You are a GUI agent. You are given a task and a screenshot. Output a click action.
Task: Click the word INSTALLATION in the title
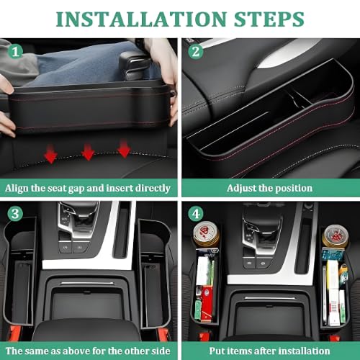pyautogui.click(x=141, y=19)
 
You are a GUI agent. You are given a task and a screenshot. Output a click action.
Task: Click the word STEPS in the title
pyautogui.click(x=269, y=19)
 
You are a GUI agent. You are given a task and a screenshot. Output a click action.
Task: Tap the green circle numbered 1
pyautogui.click(x=15, y=51)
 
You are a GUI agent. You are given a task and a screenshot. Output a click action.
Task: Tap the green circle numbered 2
pyautogui.click(x=196, y=51)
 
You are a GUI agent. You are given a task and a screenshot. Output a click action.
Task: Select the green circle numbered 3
pyautogui.click(x=15, y=214)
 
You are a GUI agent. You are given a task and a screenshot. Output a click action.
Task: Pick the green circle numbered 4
pyautogui.click(x=196, y=214)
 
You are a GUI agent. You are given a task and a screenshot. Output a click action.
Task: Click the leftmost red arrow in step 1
pyautogui.click(x=50, y=154)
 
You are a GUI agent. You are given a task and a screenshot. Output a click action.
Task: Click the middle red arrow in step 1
pyautogui.click(x=88, y=152)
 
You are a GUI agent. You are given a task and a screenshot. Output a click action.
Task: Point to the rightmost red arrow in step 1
pyautogui.click(x=124, y=149)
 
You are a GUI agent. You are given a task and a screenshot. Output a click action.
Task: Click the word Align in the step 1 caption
pyautogui.click(x=17, y=189)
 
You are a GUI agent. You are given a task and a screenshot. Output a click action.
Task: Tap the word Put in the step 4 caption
pyautogui.click(x=217, y=351)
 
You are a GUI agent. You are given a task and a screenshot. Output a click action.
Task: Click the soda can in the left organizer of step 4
pyautogui.click(x=206, y=235)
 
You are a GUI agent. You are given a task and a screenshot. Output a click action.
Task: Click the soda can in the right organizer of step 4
pyautogui.click(x=335, y=237)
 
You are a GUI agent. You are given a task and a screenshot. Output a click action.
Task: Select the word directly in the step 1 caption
pyautogui.click(x=153, y=189)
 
